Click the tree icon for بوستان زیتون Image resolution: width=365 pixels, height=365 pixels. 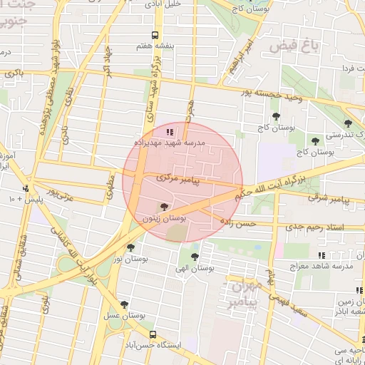tap(165, 207)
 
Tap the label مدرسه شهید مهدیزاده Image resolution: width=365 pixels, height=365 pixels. tap(170, 143)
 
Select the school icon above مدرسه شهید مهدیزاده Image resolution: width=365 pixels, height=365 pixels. tap(169, 132)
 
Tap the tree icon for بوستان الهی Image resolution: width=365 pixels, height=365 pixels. tap(195, 257)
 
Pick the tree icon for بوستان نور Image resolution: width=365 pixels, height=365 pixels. tap(130, 248)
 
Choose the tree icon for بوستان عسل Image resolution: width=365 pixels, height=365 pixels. tap(125, 304)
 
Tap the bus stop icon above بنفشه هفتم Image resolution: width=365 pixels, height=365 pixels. tap(156, 35)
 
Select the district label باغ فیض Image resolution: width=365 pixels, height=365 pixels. tap(292, 47)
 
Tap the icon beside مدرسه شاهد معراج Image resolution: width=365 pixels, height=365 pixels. tap(322, 255)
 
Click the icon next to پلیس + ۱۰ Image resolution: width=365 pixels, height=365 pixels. tap(26, 189)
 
